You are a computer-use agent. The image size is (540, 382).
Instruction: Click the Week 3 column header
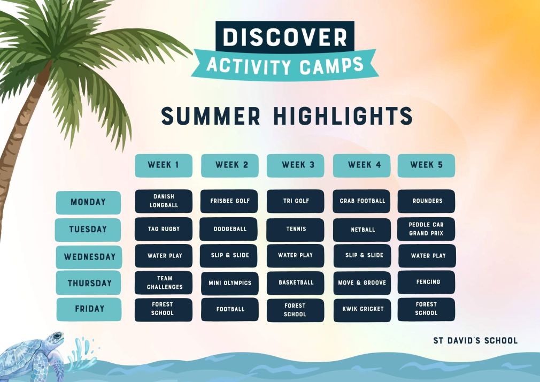(296, 165)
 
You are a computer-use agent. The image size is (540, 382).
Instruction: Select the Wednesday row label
(89, 257)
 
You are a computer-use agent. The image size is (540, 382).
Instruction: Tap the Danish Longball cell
(164, 201)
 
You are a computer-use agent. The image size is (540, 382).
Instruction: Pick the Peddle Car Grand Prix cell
(426, 229)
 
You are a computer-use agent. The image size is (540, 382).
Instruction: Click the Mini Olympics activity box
(230, 283)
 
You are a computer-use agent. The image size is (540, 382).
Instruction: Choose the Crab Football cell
(361, 201)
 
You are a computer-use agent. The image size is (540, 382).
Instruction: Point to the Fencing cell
(426, 282)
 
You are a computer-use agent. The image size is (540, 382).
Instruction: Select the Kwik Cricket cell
(362, 310)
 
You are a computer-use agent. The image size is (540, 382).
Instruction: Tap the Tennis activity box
(295, 230)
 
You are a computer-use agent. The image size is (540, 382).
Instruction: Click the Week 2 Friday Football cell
(230, 310)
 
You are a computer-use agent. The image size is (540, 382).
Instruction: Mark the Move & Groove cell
(362, 283)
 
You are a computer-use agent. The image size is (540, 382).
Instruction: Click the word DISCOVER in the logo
(285, 37)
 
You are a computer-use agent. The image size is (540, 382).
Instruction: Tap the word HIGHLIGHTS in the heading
(343, 116)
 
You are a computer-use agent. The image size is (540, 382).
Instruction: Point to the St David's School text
(475, 341)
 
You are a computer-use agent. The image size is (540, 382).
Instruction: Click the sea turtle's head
(55, 338)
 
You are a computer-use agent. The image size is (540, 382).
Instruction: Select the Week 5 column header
(426, 165)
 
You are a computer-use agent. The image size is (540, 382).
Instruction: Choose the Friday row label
(89, 309)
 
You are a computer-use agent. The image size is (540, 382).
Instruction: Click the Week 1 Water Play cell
(164, 256)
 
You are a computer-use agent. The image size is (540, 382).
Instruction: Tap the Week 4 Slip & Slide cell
(362, 256)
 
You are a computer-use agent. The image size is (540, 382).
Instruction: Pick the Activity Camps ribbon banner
(285, 65)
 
